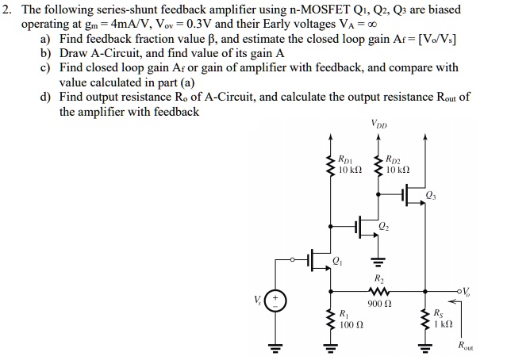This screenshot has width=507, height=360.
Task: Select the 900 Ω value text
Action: tap(377, 303)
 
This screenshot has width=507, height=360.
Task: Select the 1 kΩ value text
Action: tap(444, 325)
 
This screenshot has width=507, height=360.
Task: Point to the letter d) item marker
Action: tap(46, 97)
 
